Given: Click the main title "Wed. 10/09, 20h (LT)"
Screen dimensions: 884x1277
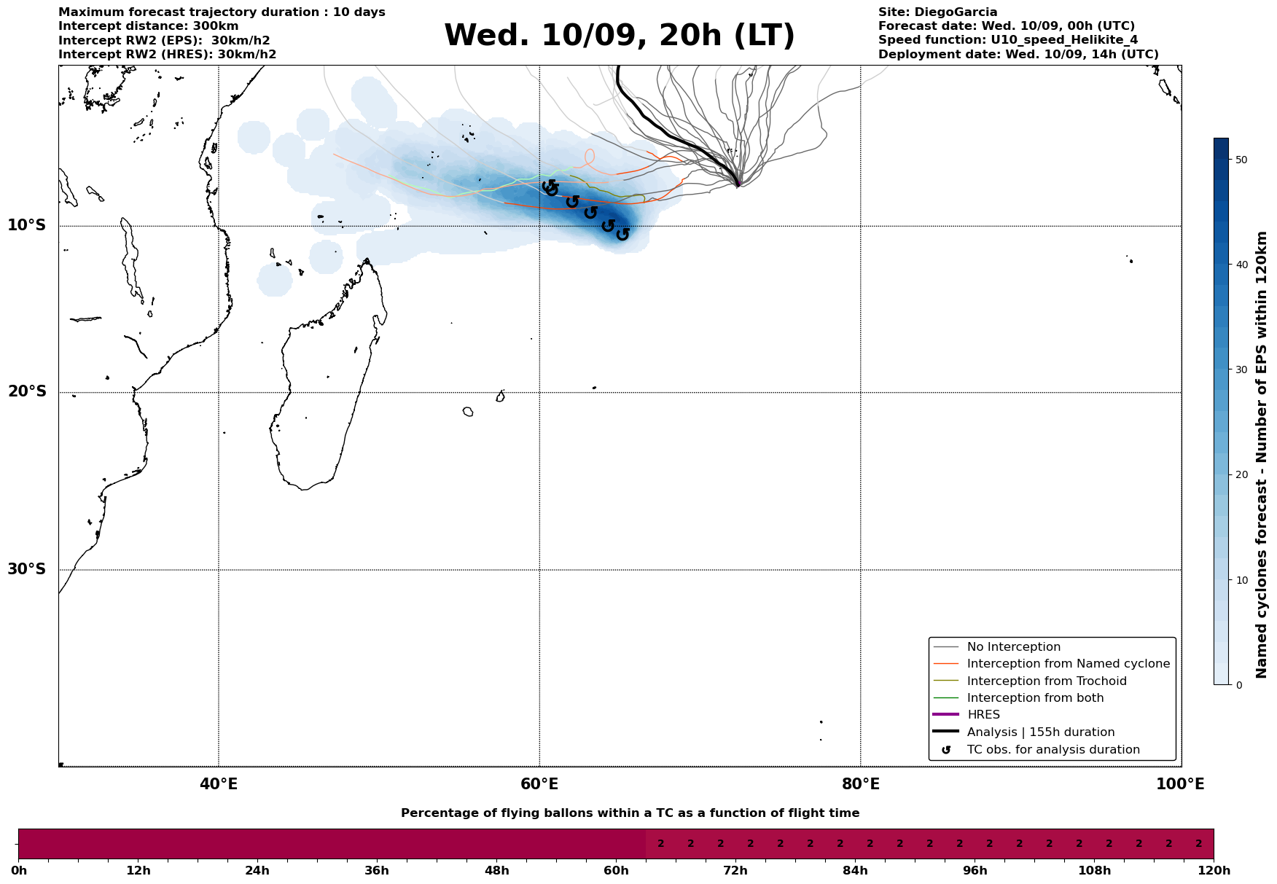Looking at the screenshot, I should pyautogui.click(x=619, y=36).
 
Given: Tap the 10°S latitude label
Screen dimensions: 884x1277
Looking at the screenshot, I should pyautogui.click(x=27, y=225).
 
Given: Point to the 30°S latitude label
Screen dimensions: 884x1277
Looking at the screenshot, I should pyautogui.click(x=27, y=569).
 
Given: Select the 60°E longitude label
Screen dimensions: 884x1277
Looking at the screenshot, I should pyautogui.click(x=539, y=784).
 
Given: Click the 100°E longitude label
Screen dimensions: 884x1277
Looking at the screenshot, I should pyautogui.click(x=1180, y=784).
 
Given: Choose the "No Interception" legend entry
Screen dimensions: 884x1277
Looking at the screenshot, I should pyautogui.click(x=1013, y=647).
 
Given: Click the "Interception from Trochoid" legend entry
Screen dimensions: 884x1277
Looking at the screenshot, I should pyautogui.click(x=1046, y=681).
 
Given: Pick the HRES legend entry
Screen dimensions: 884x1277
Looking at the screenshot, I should pyautogui.click(x=983, y=715).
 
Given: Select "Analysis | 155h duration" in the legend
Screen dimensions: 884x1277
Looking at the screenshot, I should pyautogui.click(x=1040, y=732).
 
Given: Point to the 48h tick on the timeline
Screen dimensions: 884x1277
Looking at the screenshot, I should pyautogui.click(x=496, y=871).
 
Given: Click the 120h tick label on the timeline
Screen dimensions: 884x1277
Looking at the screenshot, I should pyautogui.click(x=1214, y=871).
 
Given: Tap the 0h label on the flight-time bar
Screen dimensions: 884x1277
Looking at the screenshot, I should pyautogui.click(x=19, y=871).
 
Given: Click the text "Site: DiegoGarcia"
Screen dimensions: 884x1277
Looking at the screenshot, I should pyautogui.click(x=937, y=12).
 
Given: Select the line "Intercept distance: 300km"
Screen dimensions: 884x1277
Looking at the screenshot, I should pyautogui.click(x=148, y=26).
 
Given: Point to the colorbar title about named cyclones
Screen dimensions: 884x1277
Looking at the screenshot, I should pyautogui.click(x=1262, y=455).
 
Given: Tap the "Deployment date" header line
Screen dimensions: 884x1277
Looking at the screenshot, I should pyautogui.click(x=1018, y=55).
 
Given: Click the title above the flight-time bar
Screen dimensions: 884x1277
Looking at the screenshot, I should pyautogui.click(x=630, y=813).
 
